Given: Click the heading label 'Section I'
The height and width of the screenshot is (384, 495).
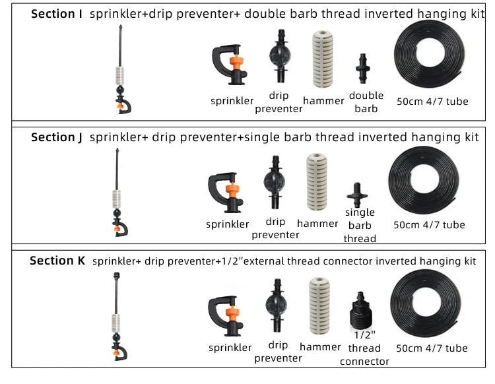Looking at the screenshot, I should coord(57,14).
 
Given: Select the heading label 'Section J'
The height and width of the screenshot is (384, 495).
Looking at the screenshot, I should coord(57,137).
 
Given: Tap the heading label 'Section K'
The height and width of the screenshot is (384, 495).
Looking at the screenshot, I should coord(57,261).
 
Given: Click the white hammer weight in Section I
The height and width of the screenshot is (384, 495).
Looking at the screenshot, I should coord(323,61).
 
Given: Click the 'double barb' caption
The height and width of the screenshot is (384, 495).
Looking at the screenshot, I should coord(366,102).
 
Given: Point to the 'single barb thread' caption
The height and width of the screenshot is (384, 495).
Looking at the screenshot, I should coord(360,225).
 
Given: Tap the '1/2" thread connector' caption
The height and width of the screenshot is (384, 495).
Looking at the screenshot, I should coord(364,348).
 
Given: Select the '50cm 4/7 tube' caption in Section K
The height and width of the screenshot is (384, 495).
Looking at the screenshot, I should coord(432,348).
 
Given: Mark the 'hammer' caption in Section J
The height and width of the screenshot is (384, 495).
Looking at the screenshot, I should coord(317,224).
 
